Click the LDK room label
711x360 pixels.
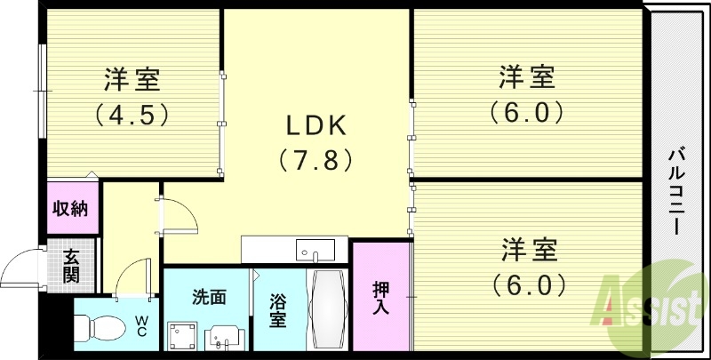coord(316,124)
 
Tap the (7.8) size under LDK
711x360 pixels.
coord(316,160)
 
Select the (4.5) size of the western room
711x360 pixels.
coord(132,115)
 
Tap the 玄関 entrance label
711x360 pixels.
coord(71,265)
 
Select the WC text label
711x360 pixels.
coord(141,325)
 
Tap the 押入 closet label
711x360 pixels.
coord(380,298)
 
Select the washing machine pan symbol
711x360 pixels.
coord(183,335)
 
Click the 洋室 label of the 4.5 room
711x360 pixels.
coord(132,80)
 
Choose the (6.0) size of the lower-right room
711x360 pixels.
coord(526,285)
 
